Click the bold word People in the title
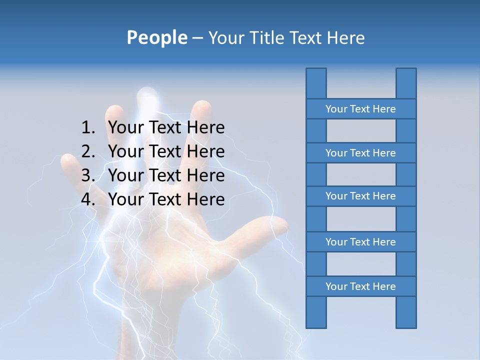(156, 37)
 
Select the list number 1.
(87, 128)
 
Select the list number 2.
(87, 151)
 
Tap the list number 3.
(87, 175)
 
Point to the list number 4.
(87, 199)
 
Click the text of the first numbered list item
(166, 128)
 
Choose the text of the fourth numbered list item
(166, 199)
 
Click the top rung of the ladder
(360, 109)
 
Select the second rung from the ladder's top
(360, 153)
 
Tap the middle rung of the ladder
(360, 196)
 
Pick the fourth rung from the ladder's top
(360, 242)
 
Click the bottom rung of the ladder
(360, 286)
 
